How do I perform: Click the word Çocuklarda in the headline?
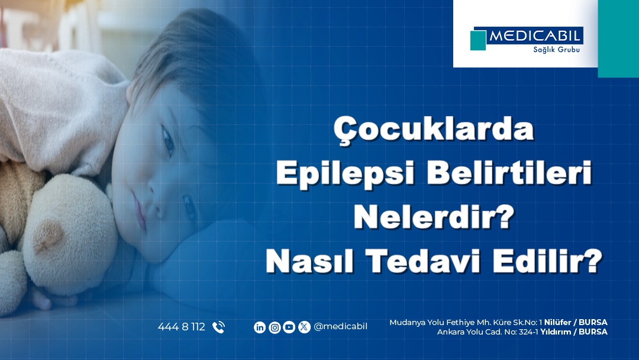(x=434, y=130)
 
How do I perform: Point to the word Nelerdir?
(x=434, y=217)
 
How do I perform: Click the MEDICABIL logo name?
(x=534, y=36)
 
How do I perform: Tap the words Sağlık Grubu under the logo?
(x=556, y=50)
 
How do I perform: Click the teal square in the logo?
(x=478, y=40)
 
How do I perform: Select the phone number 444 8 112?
(x=182, y=327)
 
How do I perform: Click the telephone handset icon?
(x=218, y=327)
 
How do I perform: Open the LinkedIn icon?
(x=260, y=327)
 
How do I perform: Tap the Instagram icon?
(x=275, y=327)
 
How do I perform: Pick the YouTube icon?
(x=289, y=327)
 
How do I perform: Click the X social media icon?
(x=304, y=327)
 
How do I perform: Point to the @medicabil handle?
(x=340, y=327)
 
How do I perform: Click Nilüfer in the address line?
(x=557, y=323)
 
